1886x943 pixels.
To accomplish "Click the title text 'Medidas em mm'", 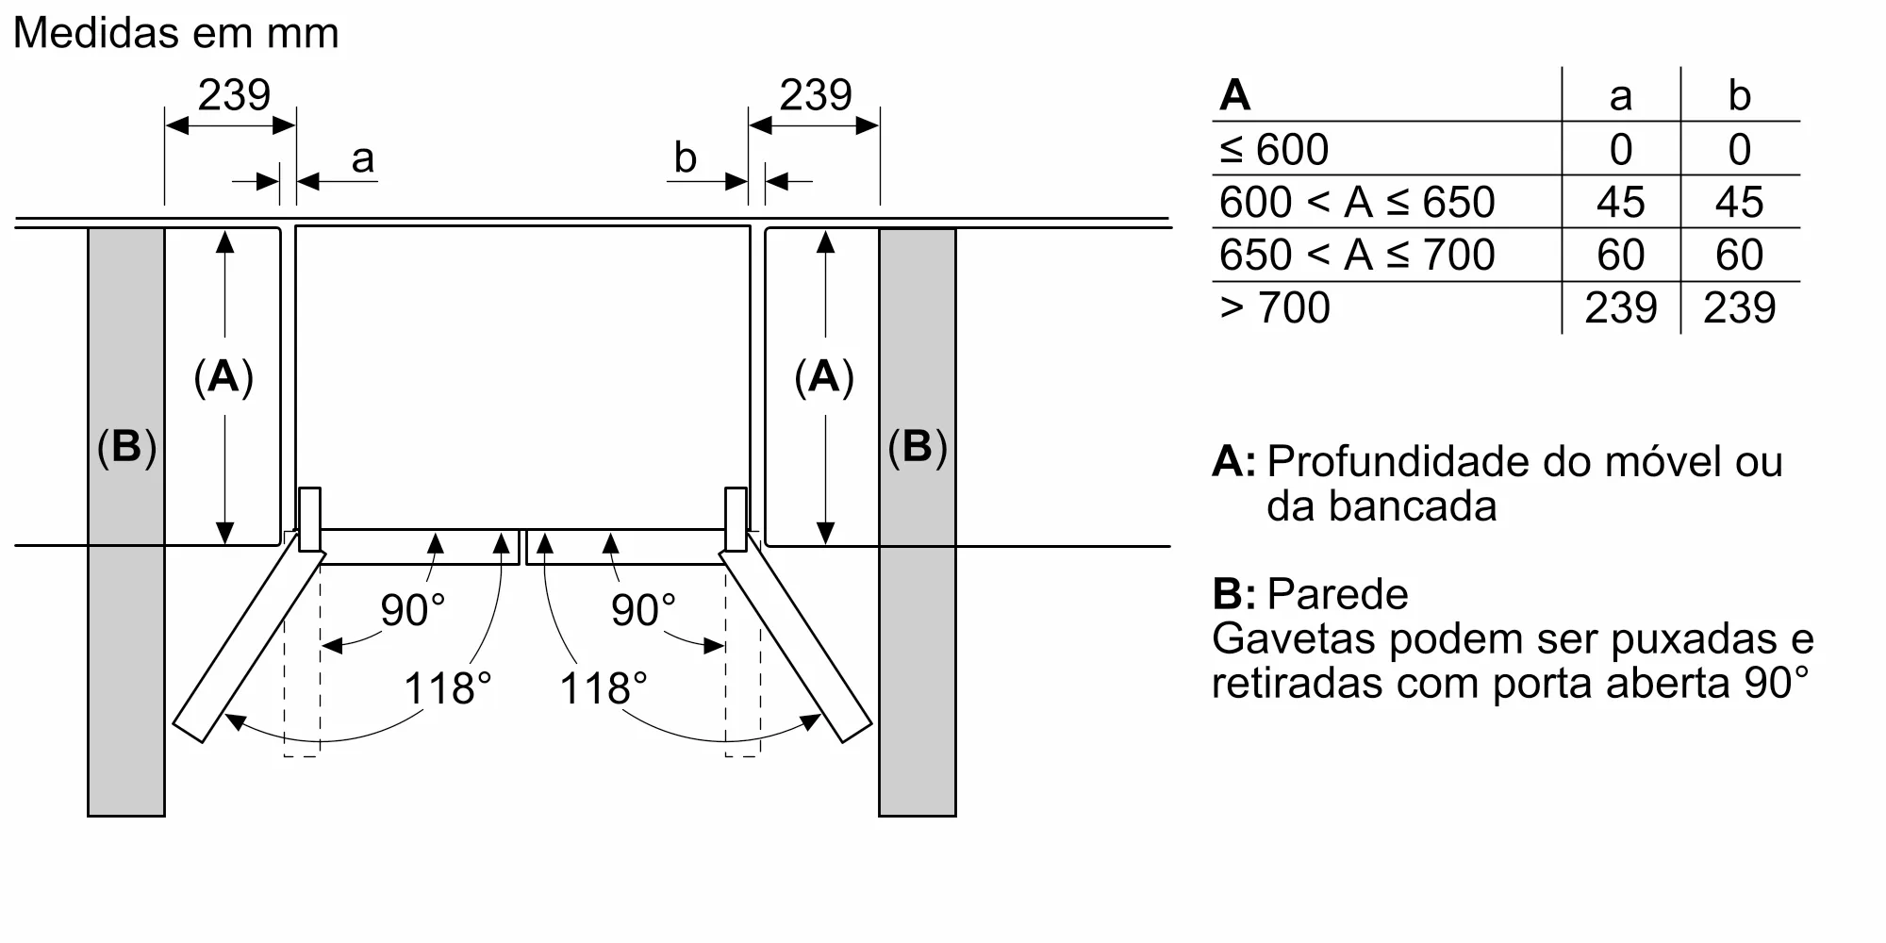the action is tap(176, 34).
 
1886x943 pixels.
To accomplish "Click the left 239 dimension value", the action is tap(234, 95).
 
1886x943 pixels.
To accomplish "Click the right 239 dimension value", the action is tap(816, 95).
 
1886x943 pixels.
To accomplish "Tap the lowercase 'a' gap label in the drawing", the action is tap(363, 159).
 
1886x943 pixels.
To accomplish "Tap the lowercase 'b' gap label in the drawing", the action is tap(686, 157).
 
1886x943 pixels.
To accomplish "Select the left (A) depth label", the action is tap(223, 376).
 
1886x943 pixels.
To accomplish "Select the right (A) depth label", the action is tap(824, 376).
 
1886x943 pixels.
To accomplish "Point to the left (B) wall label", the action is tap(126, 446).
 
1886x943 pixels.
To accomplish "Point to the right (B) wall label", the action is tap(918, 446).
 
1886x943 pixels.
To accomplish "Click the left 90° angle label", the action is tap(413, 610).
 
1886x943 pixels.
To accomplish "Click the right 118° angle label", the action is tap(604, 688).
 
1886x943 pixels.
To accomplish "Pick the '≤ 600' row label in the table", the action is tap(1274, 149).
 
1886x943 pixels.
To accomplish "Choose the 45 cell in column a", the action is tap(1621, 202).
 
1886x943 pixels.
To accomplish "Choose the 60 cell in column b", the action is tap(1739, 255).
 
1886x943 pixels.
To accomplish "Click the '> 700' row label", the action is tap(1275, 307).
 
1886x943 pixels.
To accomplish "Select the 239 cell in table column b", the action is tap(1740, 307).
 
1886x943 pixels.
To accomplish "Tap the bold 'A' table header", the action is tap(1234, 95).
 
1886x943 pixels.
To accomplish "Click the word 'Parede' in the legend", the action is tap(1337, 594).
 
